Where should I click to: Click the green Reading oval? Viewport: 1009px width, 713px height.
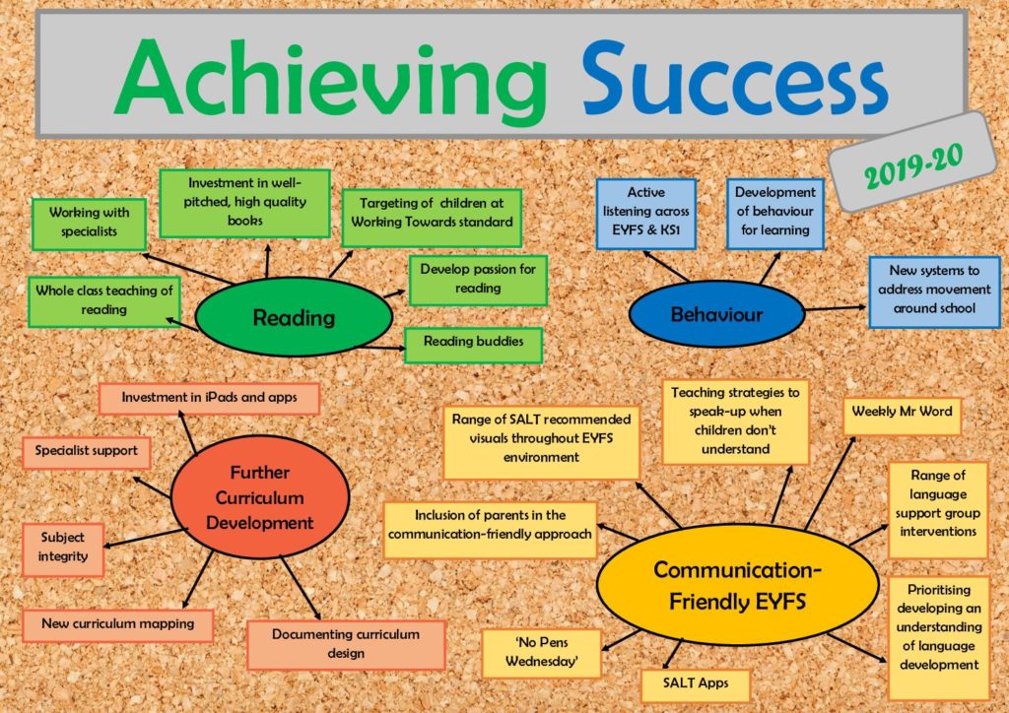point(294,316)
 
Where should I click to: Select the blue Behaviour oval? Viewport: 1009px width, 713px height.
point(716,314)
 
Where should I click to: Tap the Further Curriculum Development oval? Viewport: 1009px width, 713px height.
point(260,497)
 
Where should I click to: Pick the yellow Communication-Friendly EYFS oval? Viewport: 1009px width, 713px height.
point(737,584)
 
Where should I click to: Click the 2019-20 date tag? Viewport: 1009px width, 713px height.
point(912,162)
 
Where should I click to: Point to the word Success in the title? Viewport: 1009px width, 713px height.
point(735,79)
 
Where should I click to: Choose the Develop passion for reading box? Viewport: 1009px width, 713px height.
point(478,280)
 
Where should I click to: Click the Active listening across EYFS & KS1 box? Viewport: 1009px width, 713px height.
point(646,214)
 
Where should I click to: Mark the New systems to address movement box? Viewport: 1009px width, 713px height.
point(934,292)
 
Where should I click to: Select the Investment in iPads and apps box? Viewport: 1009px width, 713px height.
point(209,398)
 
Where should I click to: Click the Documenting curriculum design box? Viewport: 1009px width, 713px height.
point(346,644)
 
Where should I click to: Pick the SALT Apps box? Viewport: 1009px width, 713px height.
point(696,684)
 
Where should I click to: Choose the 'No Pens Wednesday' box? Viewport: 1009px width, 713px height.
point(541,653)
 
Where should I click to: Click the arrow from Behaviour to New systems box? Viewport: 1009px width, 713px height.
point(836,308)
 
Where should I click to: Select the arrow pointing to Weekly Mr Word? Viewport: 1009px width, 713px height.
point(830,484)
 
